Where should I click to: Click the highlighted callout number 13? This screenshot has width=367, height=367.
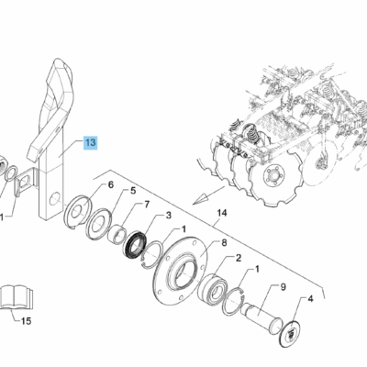[91, 142]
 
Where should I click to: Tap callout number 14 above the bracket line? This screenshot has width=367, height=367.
[222, 213]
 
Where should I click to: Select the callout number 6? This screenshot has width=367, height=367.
[110, 184]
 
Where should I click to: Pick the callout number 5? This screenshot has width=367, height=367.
[133, 191]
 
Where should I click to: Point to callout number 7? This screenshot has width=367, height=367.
[147, 204]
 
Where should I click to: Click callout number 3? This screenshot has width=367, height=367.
[169, 216]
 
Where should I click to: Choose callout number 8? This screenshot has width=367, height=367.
[224, 243]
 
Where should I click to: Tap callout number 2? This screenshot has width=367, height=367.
[239, 258]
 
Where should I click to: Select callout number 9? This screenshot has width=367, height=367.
[283, 287]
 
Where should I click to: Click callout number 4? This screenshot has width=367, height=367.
[310, 299]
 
